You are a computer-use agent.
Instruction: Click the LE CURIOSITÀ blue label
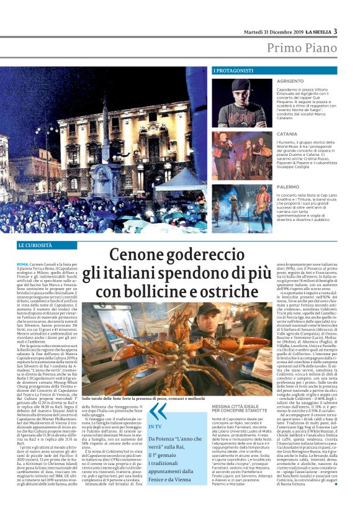[x=36, y=246]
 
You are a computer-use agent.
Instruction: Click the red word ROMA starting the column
[x=23, y=265]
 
